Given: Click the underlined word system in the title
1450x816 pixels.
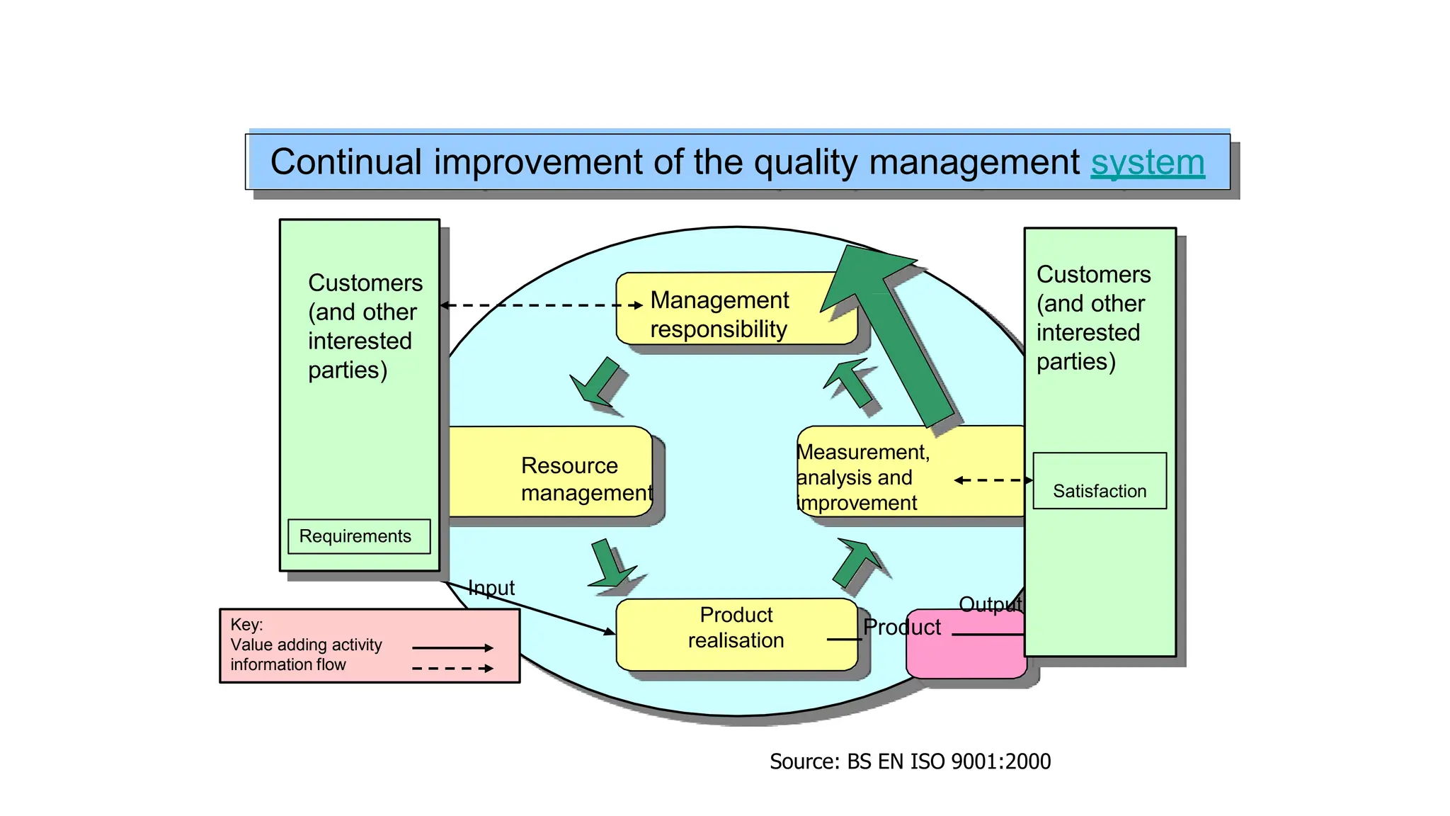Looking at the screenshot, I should click(1147, 163).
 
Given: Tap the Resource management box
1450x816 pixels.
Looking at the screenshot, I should click(552, 471).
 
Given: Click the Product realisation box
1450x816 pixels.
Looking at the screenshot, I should click(736, 634).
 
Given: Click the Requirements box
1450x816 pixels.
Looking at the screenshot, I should click(358, 536).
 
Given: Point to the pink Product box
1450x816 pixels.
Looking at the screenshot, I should click(966, 652).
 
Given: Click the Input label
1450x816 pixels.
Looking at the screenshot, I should click(491, 588).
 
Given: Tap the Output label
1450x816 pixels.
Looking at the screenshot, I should click(990, 604).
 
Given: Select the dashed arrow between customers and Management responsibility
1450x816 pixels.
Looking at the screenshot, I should click(542, 305).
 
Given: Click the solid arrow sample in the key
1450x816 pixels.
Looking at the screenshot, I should click(452, 647).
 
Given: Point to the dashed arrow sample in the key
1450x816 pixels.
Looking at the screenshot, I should click(452, 668).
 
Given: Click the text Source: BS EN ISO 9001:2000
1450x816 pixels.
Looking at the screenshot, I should click(910, 761).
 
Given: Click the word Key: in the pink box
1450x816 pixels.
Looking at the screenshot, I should click(246, 625).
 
